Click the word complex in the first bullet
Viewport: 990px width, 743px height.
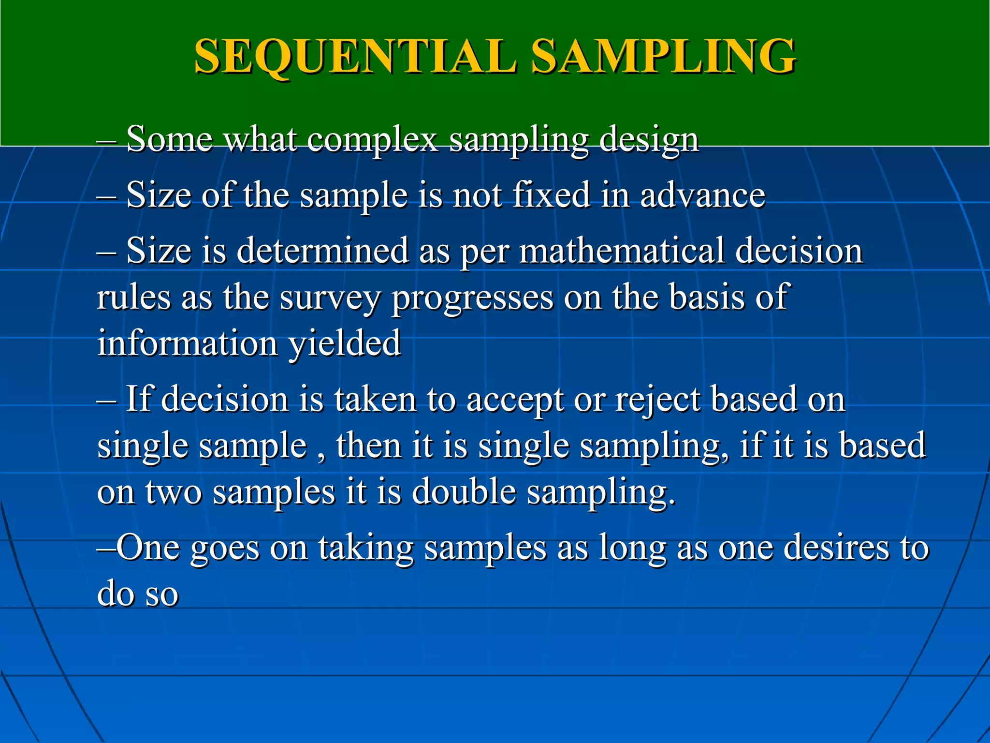coord(372,140)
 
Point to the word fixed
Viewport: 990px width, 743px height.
coord(551,195)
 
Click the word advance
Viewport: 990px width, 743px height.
coord(703,195)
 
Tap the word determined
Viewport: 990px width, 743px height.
coord(322,251)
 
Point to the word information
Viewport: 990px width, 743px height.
coord(187,343)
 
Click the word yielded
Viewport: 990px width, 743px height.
coord(345,343)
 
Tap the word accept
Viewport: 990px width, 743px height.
coord(515,401)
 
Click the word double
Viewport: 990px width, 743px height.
coord(464,492)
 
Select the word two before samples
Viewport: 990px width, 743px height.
coord(174,492)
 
